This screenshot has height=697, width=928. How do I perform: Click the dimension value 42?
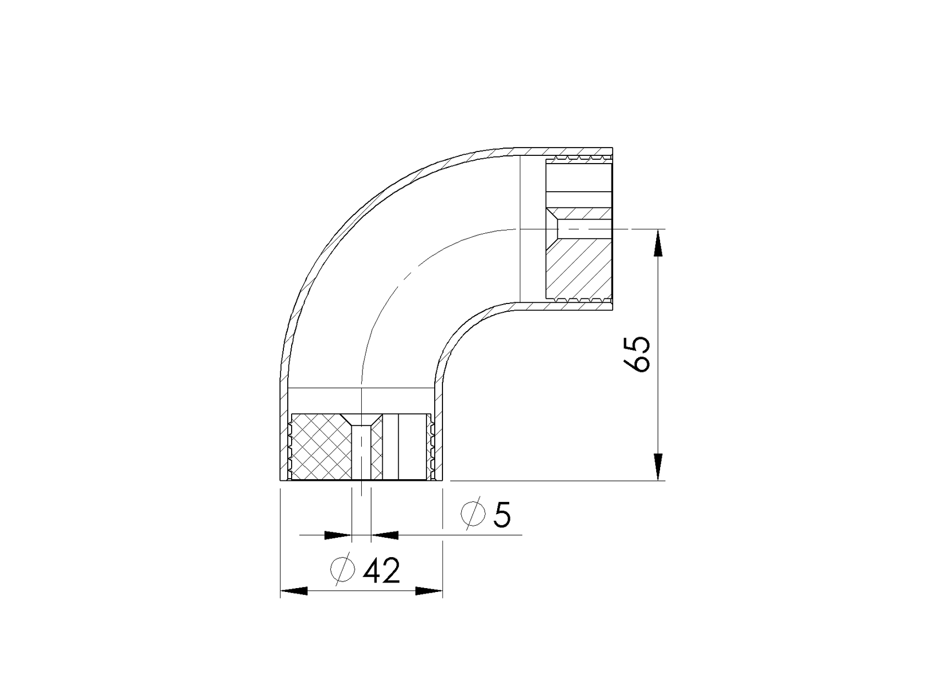pyautogui.click(x=381, y=571)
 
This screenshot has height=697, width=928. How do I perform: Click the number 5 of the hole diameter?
pyautogui.click(x=502, y=515)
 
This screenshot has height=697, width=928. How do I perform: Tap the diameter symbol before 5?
pyautogui.click(x=473, y=514)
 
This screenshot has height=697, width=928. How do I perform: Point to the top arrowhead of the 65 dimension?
pyautogui.click(x=658, y=243)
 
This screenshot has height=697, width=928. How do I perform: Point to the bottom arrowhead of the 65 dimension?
pyautogui.click(x=658, y=467)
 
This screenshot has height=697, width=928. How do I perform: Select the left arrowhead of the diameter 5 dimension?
pyautogui.click(x=338, y=535)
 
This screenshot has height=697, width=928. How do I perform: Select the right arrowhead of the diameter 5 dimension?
pyautogui.click(x=385, y=535)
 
